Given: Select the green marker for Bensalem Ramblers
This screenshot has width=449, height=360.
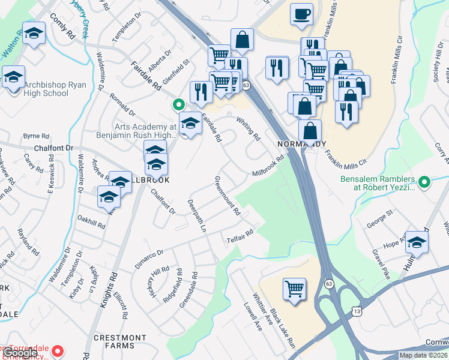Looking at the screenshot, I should pyautogui.click(x=425, y=181).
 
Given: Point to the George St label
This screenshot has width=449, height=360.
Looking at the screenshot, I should pyautogui.click(x=380, y=218).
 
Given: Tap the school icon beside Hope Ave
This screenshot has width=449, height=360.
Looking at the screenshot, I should pyautogui.click(x=416, y=242).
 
